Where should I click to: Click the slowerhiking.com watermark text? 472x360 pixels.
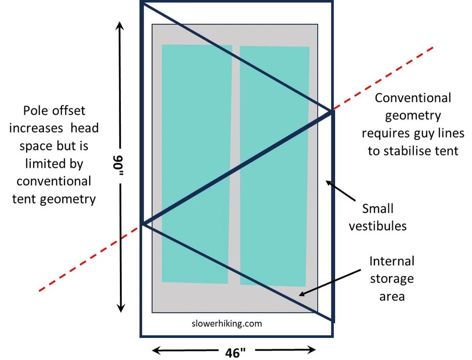click(227, 324)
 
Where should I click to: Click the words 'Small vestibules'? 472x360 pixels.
click(378, 217)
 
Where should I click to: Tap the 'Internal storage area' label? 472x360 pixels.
click(391, 278)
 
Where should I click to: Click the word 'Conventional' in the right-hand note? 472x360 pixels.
click(413, 98)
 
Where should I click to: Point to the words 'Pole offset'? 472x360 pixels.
click(54, 110)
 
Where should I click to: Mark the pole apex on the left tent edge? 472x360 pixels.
click(143, 224)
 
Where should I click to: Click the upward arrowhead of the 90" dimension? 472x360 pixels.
click(121, 24)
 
